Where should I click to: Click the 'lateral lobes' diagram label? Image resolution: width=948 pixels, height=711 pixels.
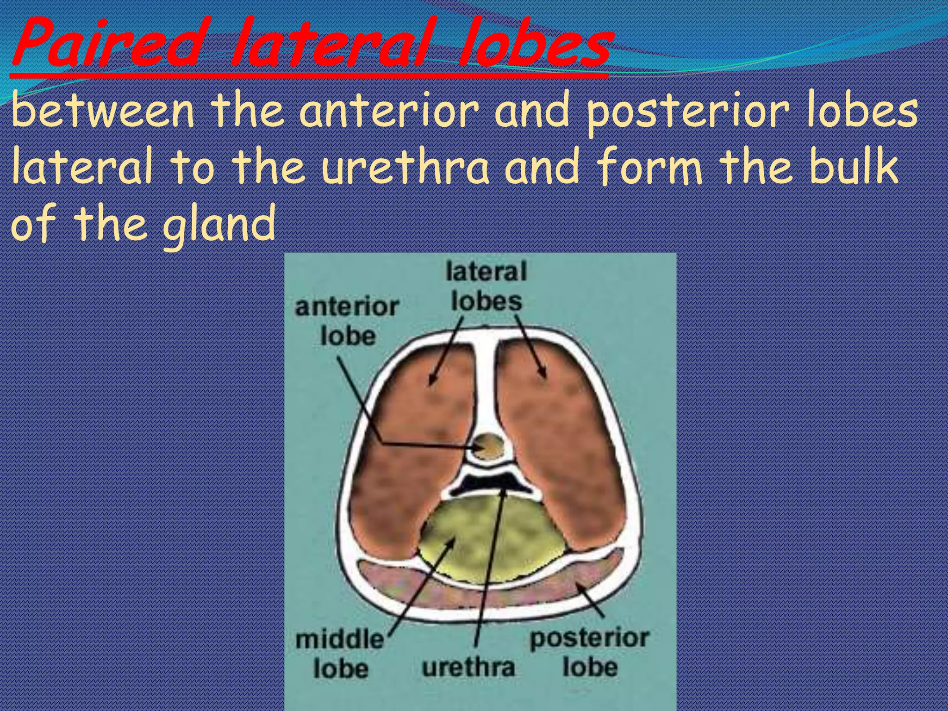tap(486, 286)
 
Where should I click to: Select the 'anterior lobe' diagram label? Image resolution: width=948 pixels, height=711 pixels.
tap(347, 321)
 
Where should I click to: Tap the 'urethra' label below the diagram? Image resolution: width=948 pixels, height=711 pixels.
tap(468, 667)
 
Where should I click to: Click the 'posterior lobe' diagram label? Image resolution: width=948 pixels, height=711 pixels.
tap(590, 653)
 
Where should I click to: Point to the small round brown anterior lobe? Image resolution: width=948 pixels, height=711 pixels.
tap(489, 445)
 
